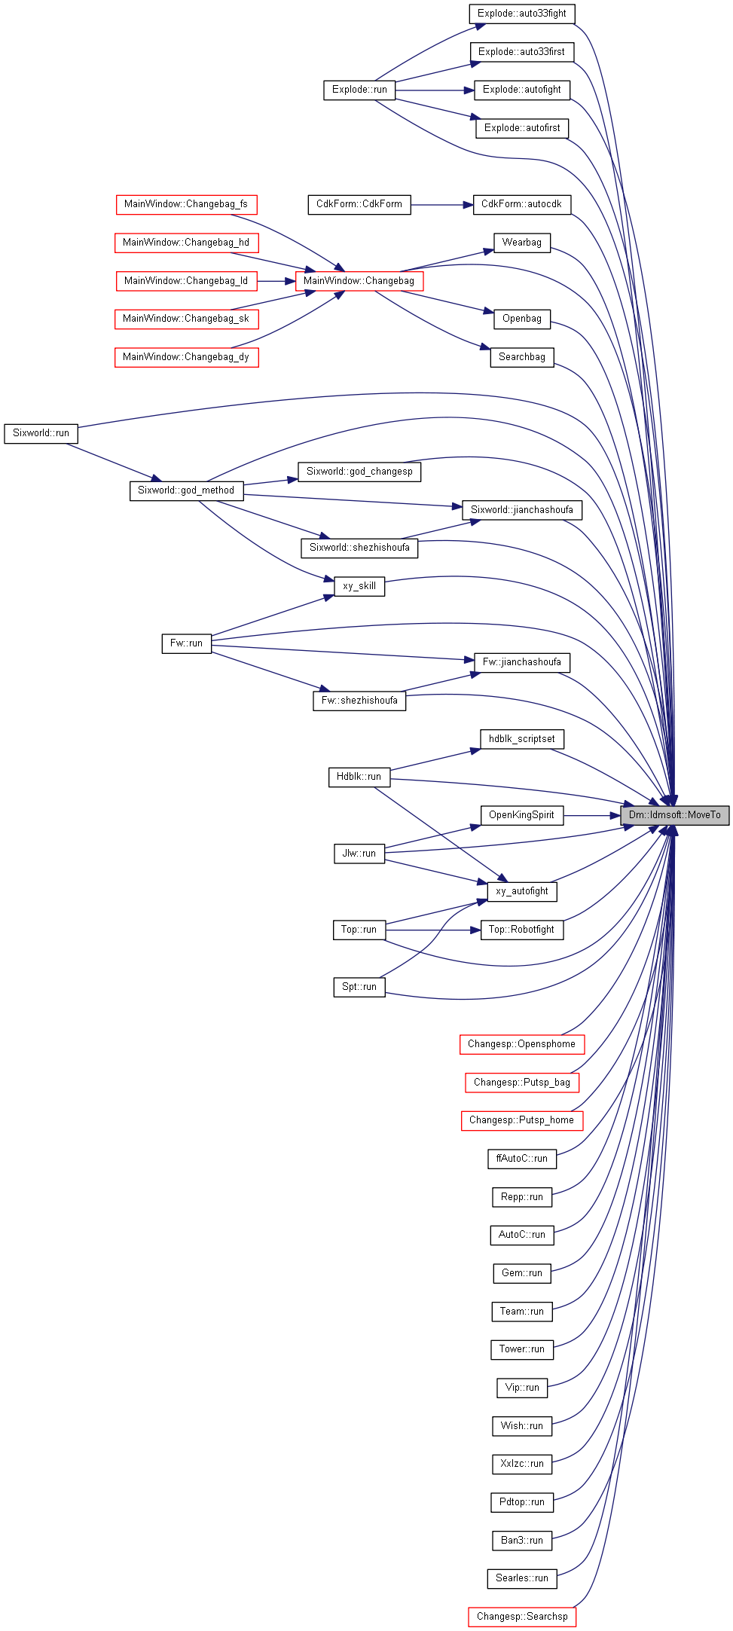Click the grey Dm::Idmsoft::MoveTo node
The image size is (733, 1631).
click(x=674, y=815)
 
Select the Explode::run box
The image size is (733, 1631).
click(x=359, y=90)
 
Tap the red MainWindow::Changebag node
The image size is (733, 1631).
click(x=359, y=281)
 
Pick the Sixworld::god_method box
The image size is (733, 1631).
click(x=186, y=490)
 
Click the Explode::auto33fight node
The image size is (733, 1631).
click(x=522, y=14)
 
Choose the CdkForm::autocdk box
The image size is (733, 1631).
click(x=522, y=204)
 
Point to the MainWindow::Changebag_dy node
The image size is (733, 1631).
click(x=186, y=357)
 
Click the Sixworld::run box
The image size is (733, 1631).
click(x=41, y=433)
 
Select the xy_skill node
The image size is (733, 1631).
click(x=359, y=586)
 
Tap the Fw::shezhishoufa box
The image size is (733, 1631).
click(x=359, y=701)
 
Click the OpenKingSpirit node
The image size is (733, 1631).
click(x=522, y=815)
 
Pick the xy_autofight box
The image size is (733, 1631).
click(x=522, y=891)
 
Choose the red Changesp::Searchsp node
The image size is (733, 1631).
click(x=522, y=1617)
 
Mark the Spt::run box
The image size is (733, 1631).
click(x=359, y=987)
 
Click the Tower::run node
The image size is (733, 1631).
click(x=522, y=1349)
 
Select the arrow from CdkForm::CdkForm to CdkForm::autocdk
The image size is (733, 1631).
click(x=442, y=204)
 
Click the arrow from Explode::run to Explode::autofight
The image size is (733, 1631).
click(x=435, y=90)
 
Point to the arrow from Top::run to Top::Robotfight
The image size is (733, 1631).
click(x=432, y=930)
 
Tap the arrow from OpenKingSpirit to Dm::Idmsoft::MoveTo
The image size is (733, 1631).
click(x=591, y=815)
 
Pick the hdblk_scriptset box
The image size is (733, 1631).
click(x=522, y=739)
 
